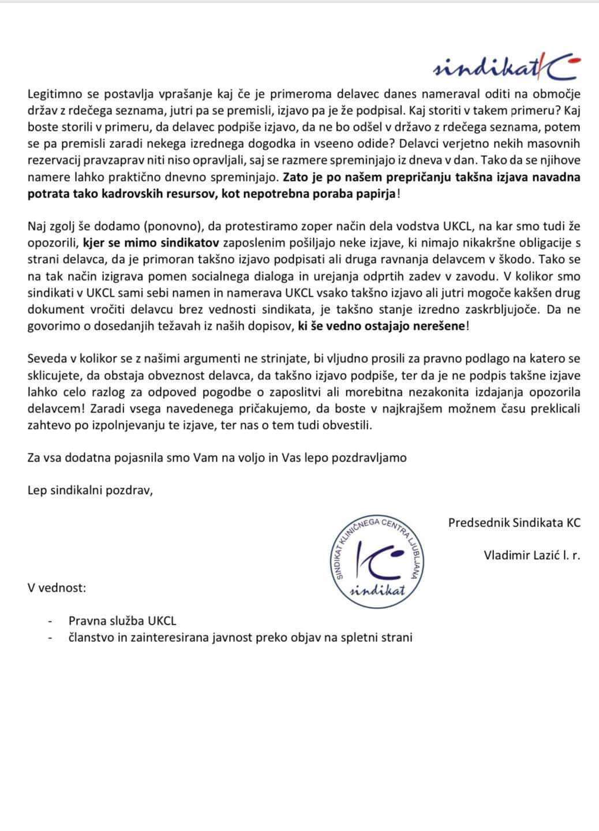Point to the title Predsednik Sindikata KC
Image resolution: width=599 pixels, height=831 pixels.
pyautogui.click(x=514, y=523)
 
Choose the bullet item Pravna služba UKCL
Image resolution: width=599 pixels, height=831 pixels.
pyautogui.click(x=122, y=621)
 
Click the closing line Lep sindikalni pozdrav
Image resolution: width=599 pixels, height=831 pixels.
pyautogui.click(x=90, y=491)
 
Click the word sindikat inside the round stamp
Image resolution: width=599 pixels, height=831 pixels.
pyautogui.click(x=379, y=590)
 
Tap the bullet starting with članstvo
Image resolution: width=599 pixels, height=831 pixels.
pyautogui.click(x=240, y=637)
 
